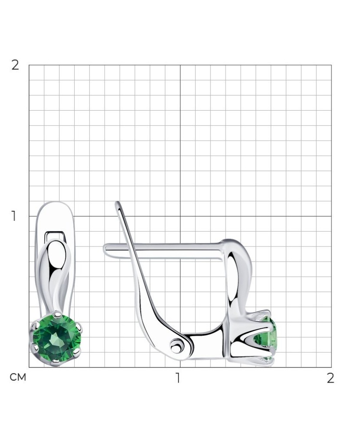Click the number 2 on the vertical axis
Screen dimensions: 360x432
[15, 65]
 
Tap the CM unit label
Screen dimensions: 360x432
[18, 377]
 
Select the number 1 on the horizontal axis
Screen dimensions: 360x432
[178, 378]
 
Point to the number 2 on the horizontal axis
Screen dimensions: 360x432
[331, 378]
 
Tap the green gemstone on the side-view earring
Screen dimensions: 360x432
[265, 338]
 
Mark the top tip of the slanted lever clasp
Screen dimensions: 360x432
[118, 203]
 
